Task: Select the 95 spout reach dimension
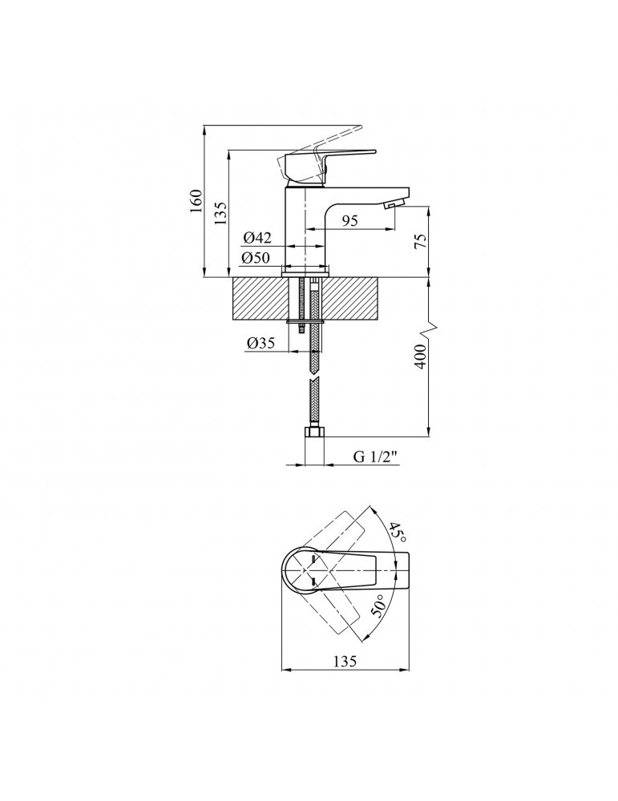(349, 220)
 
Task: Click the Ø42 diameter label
(257, 238)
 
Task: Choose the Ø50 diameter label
(256, 258)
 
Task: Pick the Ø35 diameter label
(261, 343)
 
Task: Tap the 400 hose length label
(419, 356)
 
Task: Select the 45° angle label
(398, 533)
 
